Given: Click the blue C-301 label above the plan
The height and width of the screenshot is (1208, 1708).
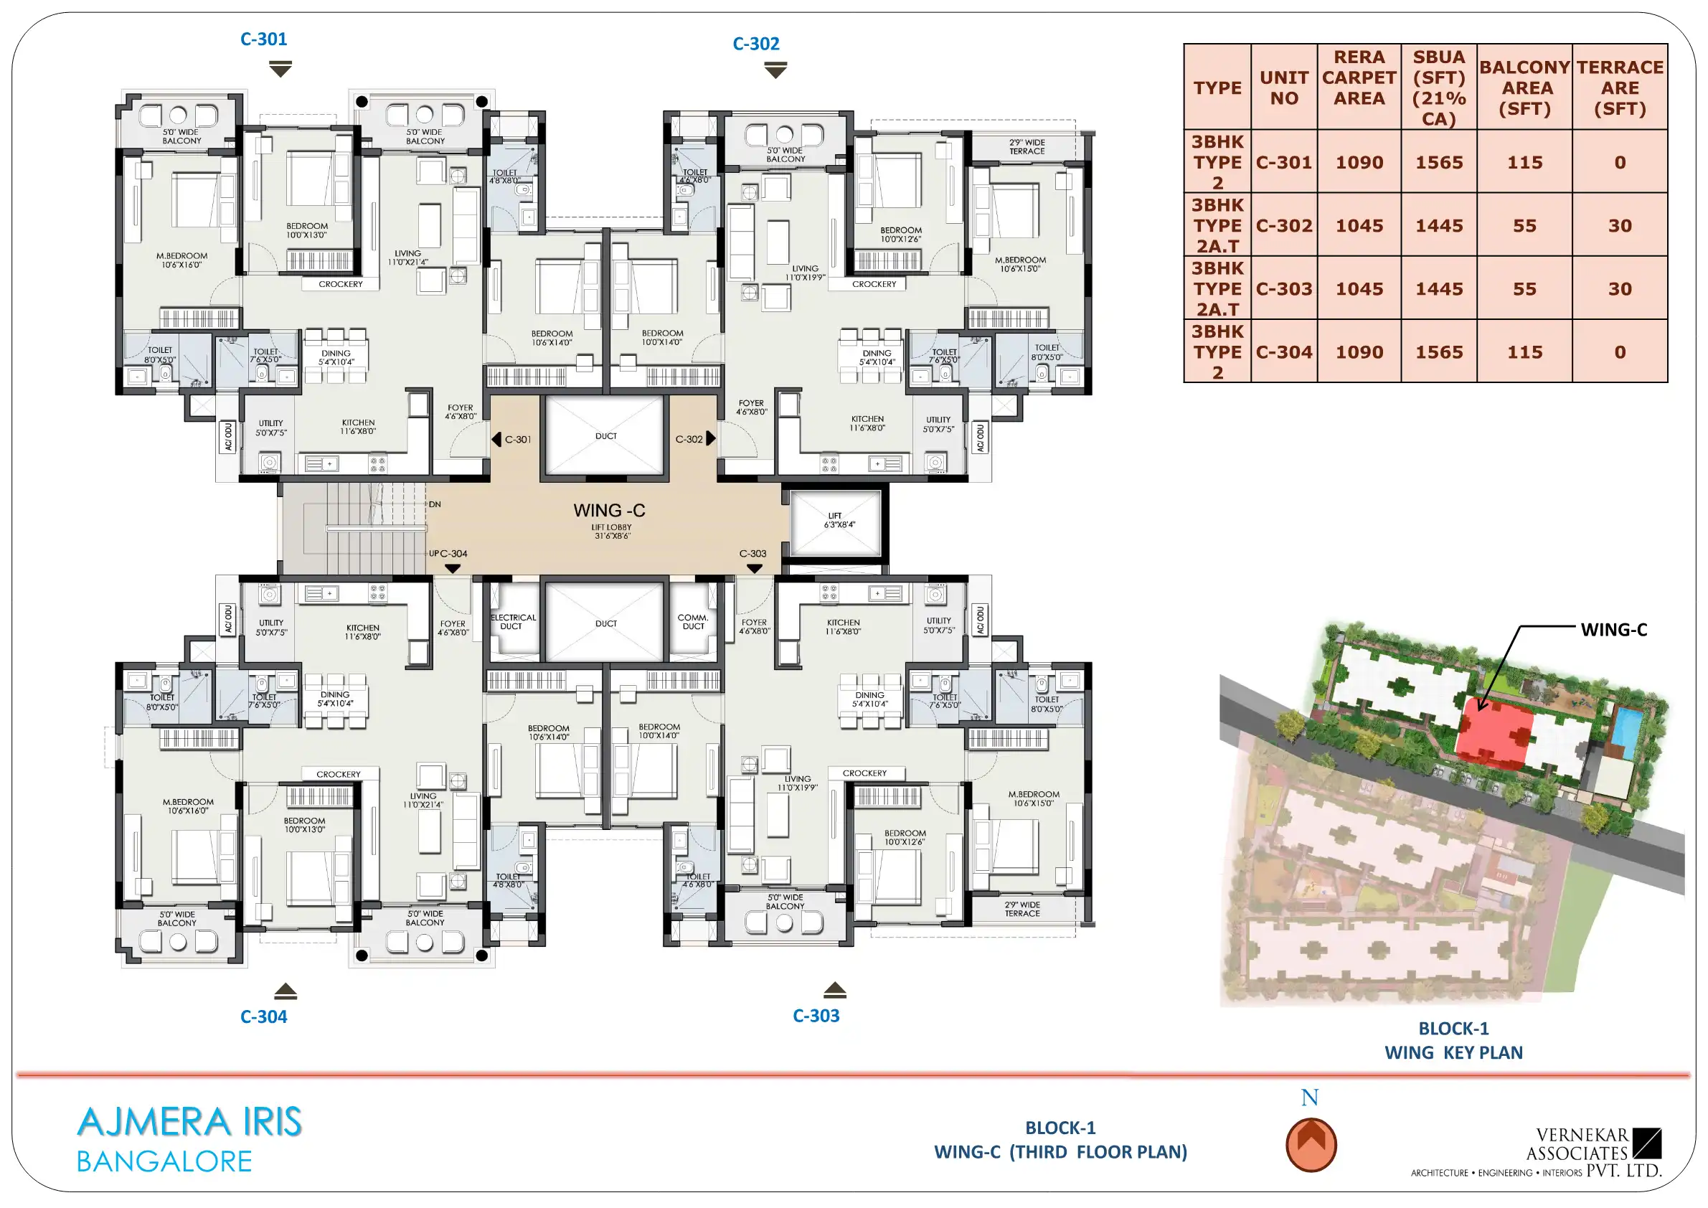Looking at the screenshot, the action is [263, 39].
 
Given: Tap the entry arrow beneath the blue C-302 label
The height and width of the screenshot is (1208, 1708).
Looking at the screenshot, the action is [775, 70].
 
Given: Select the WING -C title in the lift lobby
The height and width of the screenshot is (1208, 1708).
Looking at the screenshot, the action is [609, 510].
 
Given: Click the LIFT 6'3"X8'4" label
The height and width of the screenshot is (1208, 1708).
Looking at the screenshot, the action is [836, 520].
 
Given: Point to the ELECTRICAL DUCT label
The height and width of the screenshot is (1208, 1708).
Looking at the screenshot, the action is [513, 622].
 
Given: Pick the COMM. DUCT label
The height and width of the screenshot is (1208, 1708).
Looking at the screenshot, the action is [694, 622].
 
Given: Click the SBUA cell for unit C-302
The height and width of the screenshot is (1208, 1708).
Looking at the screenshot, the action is [1439, 225].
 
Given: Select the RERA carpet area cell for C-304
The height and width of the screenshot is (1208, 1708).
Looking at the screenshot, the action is [1359, 351].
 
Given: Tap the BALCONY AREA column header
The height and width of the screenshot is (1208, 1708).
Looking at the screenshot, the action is [1524, 88].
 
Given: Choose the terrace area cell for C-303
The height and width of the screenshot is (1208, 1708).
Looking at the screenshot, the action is [1620, 288].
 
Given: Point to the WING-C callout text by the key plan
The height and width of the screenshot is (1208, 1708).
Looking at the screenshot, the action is [1613, 629].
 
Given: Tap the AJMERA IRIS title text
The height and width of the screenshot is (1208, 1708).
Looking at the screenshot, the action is [189, 1122].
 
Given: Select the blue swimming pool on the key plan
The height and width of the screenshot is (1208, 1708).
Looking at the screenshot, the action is [1627, 731].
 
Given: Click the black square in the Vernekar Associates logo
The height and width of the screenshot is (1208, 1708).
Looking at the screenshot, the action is [1646, 1143].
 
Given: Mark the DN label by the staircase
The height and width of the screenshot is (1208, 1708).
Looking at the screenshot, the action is [435, 504].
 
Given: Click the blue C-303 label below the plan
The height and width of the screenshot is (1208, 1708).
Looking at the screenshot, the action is [816, 1015].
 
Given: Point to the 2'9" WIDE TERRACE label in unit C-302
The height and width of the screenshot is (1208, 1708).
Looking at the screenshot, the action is [1027, 146].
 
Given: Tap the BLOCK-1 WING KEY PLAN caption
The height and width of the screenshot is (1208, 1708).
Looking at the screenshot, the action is [1453, 1040].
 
